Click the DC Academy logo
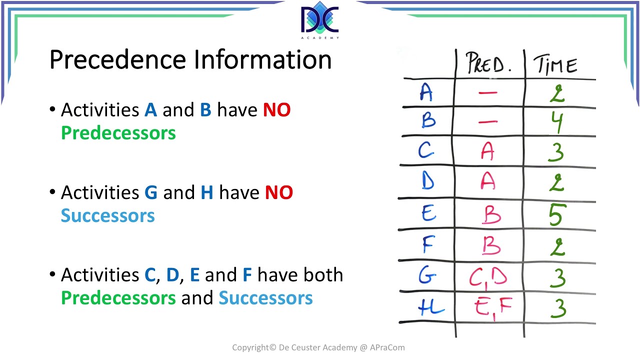pos(320,21)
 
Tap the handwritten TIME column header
pos(555,65)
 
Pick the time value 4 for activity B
pos(556,121)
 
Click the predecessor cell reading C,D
pos(488,277)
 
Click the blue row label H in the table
pos(430,306)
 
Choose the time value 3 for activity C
pos(556,151)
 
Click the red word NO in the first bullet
pos(276,109)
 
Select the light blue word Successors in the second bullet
pos(107,216)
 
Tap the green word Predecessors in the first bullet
pos(118,133)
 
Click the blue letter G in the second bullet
pos(150,192)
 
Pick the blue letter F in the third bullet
pos(247,275)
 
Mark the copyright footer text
pos(318,347)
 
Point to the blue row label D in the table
pos(427,181)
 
